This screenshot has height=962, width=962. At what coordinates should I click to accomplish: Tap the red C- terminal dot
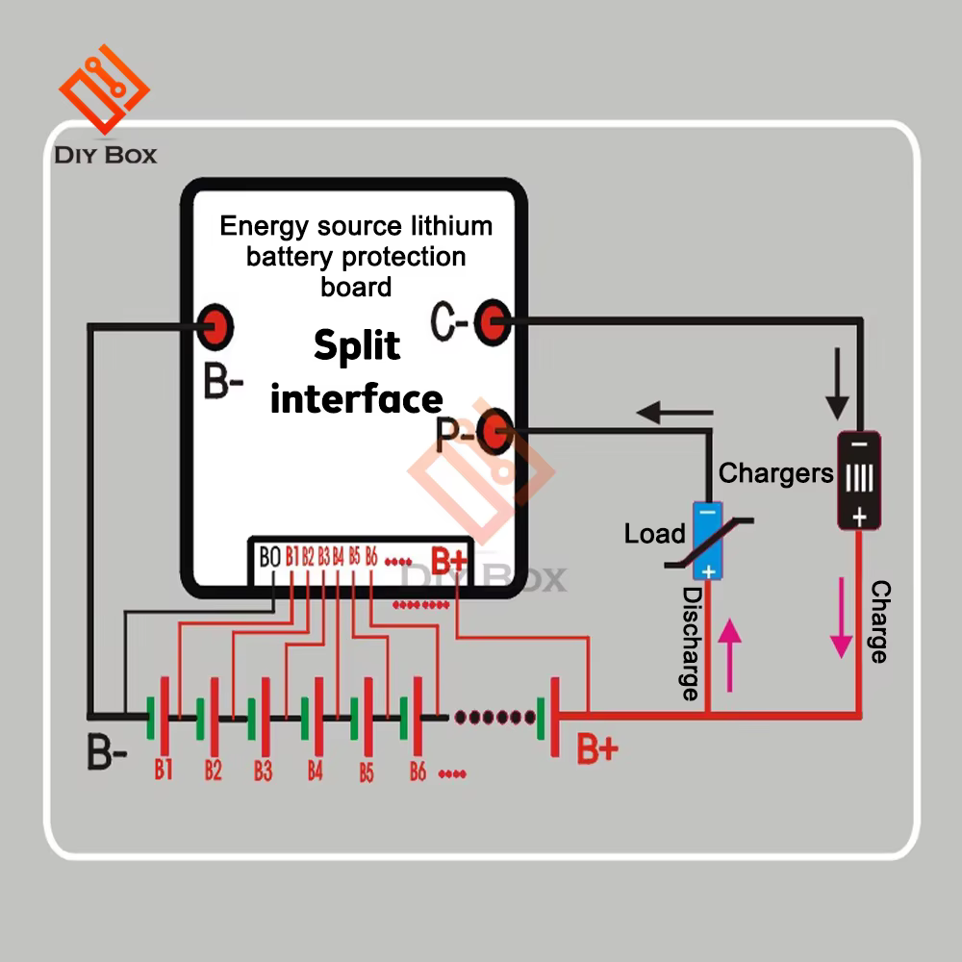(x=494, y=320)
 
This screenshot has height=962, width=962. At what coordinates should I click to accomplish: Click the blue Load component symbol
(x=708, y=540)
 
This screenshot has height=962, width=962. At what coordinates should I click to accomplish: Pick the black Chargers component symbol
(x=858, y=479)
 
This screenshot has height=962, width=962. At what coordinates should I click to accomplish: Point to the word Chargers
(x=775, y=473)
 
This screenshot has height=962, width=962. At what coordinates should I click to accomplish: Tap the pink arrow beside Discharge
(x=730, y=655)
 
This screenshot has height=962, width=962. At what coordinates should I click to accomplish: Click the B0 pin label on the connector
(x=269, y=556)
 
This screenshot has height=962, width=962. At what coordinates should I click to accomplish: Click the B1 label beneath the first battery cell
(x=164, y=771)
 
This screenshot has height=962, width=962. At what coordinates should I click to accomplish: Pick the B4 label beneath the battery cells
(x=315, y=771)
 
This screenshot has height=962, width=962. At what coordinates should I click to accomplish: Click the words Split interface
(x=357, y=372)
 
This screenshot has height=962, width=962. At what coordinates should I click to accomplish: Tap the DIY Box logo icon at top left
(x=104, y=89)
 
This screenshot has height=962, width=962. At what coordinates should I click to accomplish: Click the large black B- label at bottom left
(x=107, y=753)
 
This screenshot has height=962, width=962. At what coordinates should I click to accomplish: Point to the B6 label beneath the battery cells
(x=418, y=771)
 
